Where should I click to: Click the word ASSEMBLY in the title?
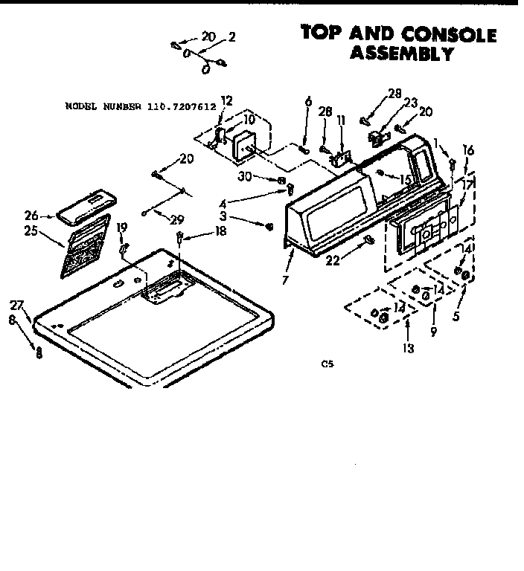[402, 53]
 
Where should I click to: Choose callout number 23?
[410, 103]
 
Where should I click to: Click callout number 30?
[264, 177]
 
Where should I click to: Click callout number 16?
[468, 149]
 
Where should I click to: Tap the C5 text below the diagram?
[326, 364]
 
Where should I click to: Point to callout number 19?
[121, 227]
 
